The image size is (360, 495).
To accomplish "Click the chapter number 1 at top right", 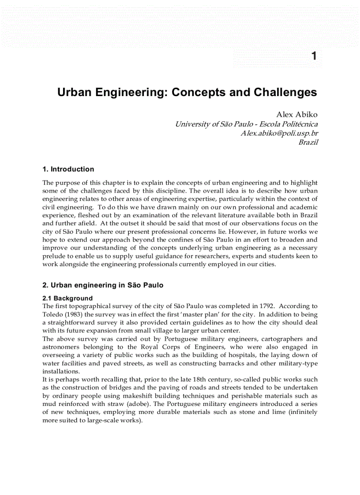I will pyautogui.click(x=314, y=56).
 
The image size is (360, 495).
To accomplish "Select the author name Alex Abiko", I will pyautogui.click(x=297, y=115).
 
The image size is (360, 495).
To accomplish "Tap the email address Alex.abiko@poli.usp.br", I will pyautogui.click(x=279, y=133).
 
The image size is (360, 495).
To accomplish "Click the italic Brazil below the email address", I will pyautogui.click(x=308, y=142).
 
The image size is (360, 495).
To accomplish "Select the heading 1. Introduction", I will pyautogui.click(x=68, y=169).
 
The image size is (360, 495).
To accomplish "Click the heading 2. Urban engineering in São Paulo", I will pyautogui.click(x=103, y=285).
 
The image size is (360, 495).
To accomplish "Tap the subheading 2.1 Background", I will pyautogui.click(x=67, y=298).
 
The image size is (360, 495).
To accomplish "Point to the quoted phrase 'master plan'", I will pyautogui.click(x=209, y=314).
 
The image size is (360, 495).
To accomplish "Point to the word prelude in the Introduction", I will pyautogui.click(x=53, y=256).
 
